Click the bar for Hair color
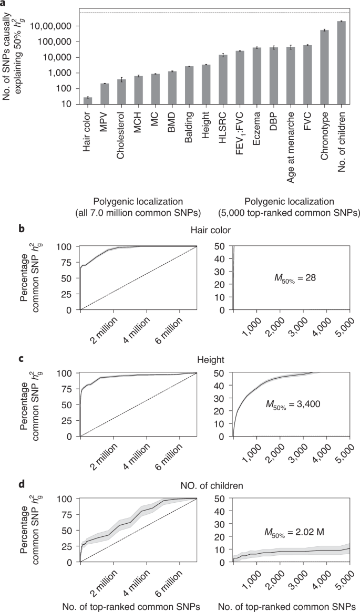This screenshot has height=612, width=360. pos(88,101)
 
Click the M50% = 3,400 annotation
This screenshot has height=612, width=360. pos(296,403)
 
